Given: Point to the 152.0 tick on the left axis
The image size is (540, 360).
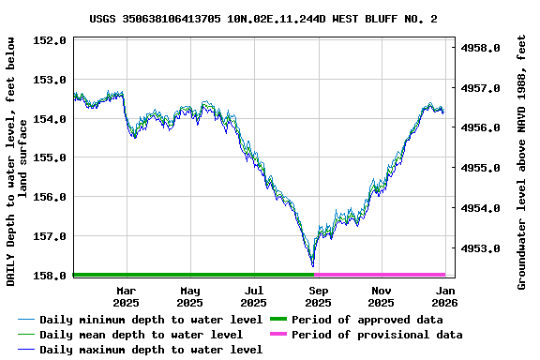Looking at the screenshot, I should point(51,41).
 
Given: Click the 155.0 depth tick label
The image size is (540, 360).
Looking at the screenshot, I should point(51,157).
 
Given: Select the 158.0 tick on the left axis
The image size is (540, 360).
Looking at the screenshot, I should point(51,276).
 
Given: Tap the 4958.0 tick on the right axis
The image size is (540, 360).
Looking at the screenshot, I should point(483,48).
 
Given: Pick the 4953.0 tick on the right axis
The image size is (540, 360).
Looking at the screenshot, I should point(483,248).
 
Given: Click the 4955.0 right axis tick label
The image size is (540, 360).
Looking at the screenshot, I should point(483,168).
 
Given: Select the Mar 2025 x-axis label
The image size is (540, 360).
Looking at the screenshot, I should point(126,296).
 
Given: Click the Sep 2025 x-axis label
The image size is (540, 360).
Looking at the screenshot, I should point(318,296).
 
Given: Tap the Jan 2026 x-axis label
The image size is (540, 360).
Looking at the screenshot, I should point(444,296).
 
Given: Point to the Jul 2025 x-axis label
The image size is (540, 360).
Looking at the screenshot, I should point(253,296).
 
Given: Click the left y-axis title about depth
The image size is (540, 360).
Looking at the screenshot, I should point(18,161).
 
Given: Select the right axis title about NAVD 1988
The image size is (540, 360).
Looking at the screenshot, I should point(522,161).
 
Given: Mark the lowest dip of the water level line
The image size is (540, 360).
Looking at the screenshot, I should point(312,265).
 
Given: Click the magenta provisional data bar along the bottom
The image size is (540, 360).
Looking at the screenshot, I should point(380,275).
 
